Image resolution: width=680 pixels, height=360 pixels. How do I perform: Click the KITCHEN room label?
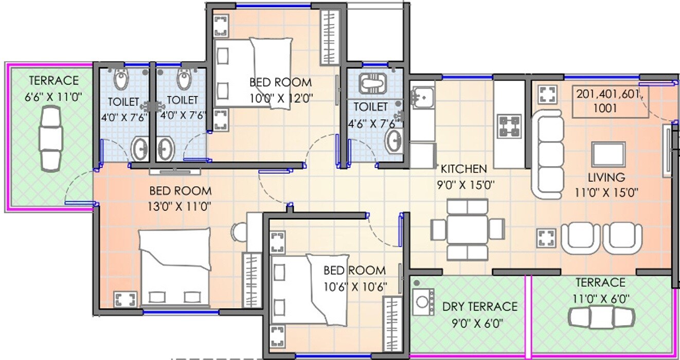(x=463, y=169)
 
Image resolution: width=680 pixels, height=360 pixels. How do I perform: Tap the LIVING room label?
(x=606, y=178)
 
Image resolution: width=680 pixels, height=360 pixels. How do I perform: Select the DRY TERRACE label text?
(x=479, y=307)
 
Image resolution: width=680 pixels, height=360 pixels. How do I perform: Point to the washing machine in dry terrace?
(x=423, y=301)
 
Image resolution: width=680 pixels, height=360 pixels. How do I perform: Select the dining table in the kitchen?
(x=467, y=229)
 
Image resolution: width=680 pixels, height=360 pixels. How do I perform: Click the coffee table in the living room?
(x=609, y=154)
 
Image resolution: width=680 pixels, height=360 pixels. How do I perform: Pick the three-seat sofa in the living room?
(x=547, y=154)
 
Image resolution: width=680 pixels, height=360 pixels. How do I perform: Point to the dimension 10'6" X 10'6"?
(x=355, y=286)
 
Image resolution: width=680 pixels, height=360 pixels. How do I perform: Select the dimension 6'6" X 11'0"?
(x=53, y=96)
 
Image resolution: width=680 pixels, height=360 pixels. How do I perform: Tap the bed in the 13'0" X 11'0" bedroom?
(x=175, y=267)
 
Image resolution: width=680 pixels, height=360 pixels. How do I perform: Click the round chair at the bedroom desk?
(x=240, y=232)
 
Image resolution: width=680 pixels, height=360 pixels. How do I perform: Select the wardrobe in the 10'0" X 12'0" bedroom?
(x=328, y=37)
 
